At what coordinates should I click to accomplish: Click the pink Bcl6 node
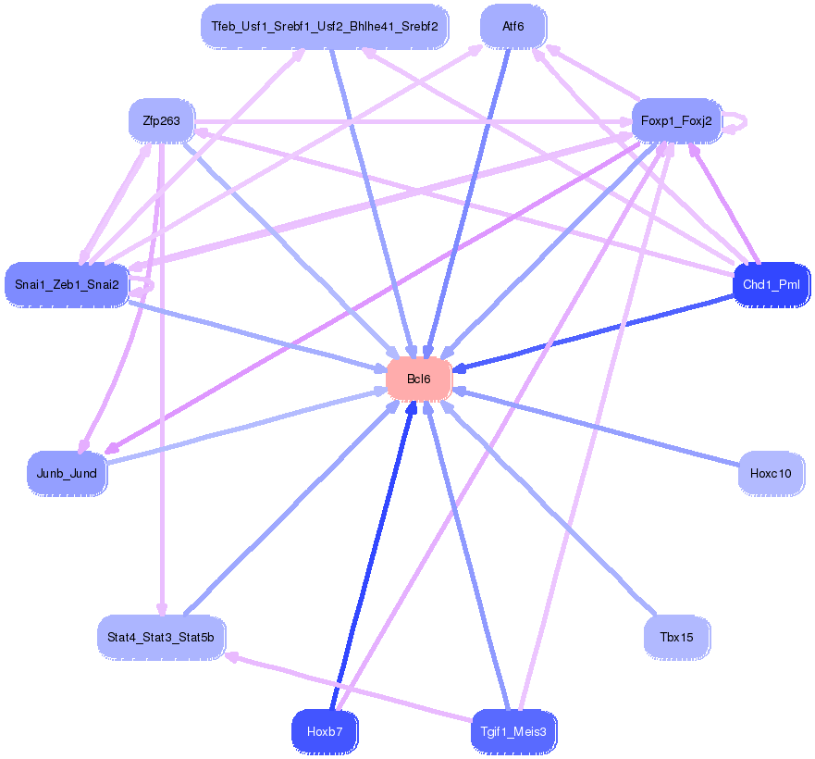click(418, 379)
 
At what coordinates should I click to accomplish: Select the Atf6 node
click(512, 27)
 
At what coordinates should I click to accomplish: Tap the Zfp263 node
click(162, 120)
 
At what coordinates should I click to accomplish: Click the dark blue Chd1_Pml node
click(771, 283)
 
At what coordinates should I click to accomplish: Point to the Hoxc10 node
click(771, 473)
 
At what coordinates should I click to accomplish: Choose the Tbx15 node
click(676, 637)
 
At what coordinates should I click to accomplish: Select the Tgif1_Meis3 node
click(513, 731)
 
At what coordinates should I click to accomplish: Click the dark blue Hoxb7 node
click(325, 731)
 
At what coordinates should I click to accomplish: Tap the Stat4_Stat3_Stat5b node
click(160, 637)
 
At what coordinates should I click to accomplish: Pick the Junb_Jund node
click(67, 473)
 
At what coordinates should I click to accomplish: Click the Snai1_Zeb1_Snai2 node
click(67, 283)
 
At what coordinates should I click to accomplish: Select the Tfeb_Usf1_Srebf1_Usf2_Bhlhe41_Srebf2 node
click(324, 27)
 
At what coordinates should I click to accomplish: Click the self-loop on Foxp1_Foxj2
click(737, 121)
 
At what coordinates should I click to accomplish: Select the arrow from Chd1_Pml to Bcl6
click(601, 334)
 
